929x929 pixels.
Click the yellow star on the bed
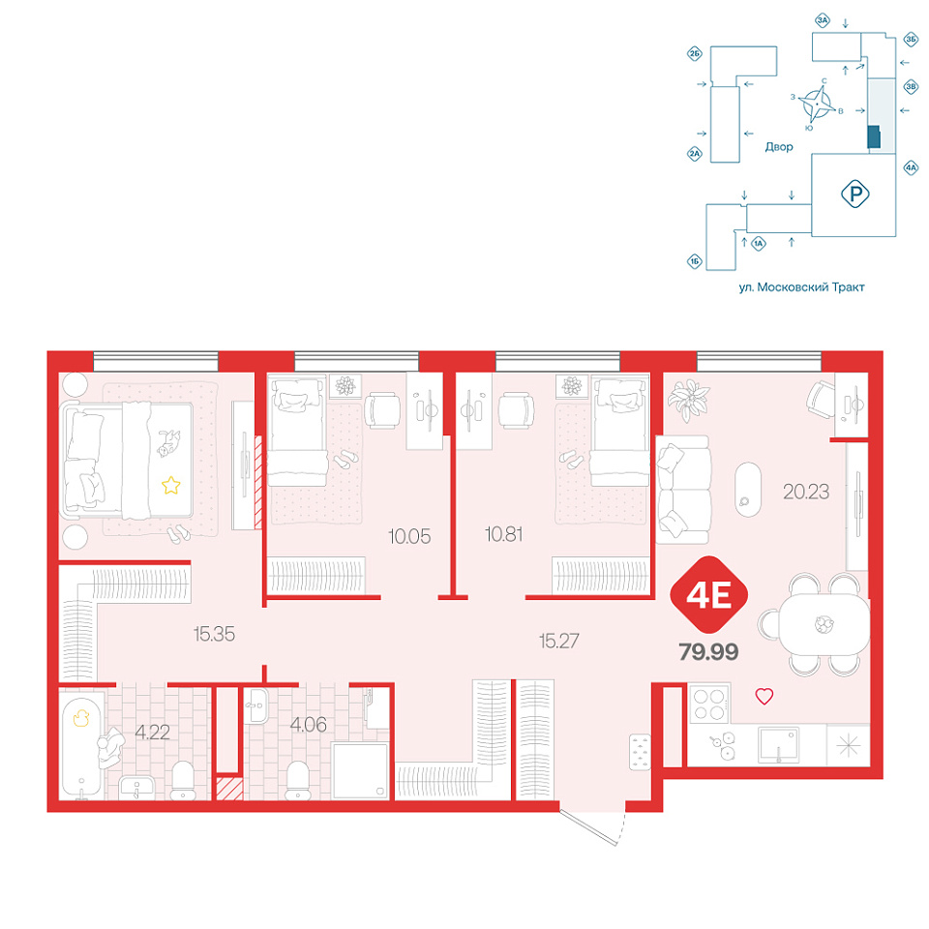point(170,485)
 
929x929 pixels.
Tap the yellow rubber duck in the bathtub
point(80,718)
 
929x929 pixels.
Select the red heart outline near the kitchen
point(764,696)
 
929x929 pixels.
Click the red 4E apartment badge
point(708,595)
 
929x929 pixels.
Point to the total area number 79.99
point(708,652)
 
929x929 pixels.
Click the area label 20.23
point(806,492)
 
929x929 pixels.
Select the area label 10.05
point(408,536)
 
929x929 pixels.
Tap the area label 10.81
point(503,534)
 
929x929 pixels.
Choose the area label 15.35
point(214,634)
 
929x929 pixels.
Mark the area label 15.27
point(558,641)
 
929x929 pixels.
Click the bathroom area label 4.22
point(152,733)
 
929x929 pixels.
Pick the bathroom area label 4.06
point(308,724)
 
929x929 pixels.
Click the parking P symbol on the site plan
point(854,194)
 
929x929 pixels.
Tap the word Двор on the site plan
point(778,146)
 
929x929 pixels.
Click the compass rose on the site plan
point(817,105)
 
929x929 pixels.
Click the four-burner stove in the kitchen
point(709,704)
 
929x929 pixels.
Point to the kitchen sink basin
point(778,745)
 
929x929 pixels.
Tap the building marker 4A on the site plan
point(911,168)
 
